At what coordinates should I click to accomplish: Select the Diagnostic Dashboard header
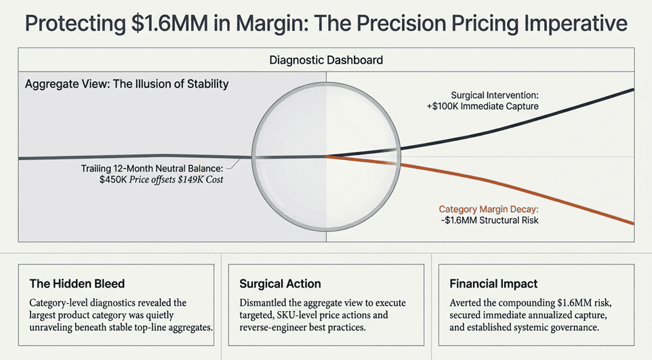[326, 60]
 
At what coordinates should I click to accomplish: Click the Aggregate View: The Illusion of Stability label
[127, 85]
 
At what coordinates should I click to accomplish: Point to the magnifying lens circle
[326, 157]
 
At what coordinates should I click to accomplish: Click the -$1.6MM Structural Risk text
[497, 220]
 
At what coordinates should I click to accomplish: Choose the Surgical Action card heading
[280, 283]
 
